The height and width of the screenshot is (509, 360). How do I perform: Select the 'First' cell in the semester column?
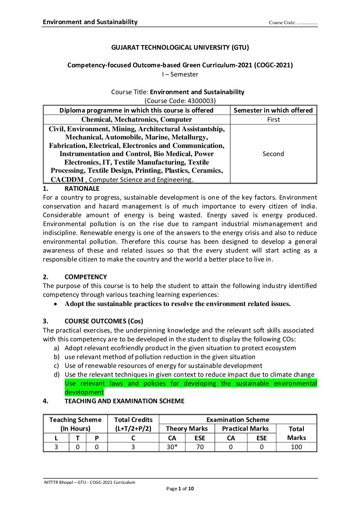(x=273, y=119)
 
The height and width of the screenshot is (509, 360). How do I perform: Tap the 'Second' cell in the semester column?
(x=273, y=154)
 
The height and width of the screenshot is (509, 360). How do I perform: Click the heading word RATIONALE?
(x=82, y=189)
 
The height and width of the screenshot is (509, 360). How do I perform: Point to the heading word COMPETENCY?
(x=85, y=277)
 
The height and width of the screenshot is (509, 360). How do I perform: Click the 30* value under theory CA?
(x=172, y=447)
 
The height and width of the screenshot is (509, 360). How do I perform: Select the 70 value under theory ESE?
(x=200, y=447)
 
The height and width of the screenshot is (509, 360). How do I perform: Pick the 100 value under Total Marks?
(x=296, y=447)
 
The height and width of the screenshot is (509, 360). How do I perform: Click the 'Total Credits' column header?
(x=133, y=424)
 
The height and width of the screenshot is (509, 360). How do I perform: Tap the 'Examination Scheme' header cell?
(x=238, y=420)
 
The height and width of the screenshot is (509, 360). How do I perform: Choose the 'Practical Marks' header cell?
(x=245, y=428)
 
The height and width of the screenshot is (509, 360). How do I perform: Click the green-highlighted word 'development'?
(x=84, y=392)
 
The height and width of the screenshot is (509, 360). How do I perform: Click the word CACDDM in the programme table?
(x=67, y=180)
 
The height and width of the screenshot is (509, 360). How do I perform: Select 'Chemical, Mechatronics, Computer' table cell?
(x=136, y=119)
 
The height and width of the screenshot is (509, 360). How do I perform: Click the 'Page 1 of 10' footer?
(x=180, y=489)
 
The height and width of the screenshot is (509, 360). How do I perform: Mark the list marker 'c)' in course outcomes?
(x=56, y=366)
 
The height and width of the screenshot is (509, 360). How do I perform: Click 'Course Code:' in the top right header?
(x=282, y=23)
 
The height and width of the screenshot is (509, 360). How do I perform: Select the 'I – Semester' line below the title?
(x=180, y=74)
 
